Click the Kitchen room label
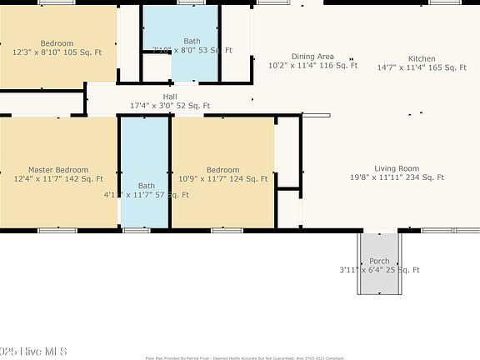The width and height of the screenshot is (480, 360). (421, 58)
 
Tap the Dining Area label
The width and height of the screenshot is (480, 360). (312, 56)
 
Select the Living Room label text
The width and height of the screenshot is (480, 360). (397, 168)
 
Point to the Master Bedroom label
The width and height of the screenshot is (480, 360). (58, 169)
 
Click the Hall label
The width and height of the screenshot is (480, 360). (170, 97)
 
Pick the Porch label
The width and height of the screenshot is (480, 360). (379, 261)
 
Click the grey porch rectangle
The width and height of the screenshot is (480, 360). (379, 283)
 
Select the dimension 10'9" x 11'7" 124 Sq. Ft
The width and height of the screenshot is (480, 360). (223, 178)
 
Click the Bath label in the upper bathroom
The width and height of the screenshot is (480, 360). (192, 41)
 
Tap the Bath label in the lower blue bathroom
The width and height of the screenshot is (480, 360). (147, 186)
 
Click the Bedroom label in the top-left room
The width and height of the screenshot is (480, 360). (57, 43)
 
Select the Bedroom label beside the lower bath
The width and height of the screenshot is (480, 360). (223, 169)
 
